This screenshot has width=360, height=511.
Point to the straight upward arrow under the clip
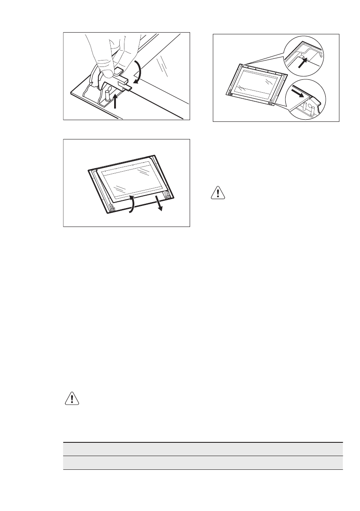[116, 101]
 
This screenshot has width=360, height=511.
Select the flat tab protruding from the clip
[127, 88]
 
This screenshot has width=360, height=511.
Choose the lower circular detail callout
[307, 99]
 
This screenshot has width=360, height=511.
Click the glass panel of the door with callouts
[256, 84]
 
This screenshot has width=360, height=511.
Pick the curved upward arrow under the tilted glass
[132, 205]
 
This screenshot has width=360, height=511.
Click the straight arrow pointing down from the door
[159, 203]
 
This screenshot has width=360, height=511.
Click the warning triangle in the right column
[218, 193]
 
